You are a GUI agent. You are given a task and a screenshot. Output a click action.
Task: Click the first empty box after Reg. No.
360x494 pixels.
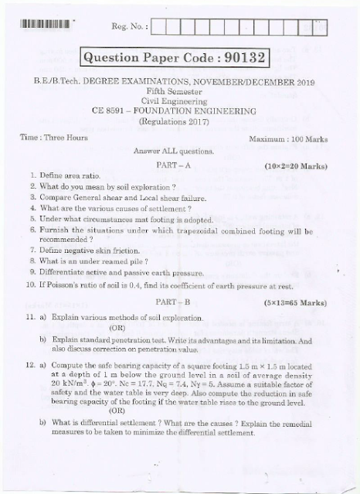(161, 26)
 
